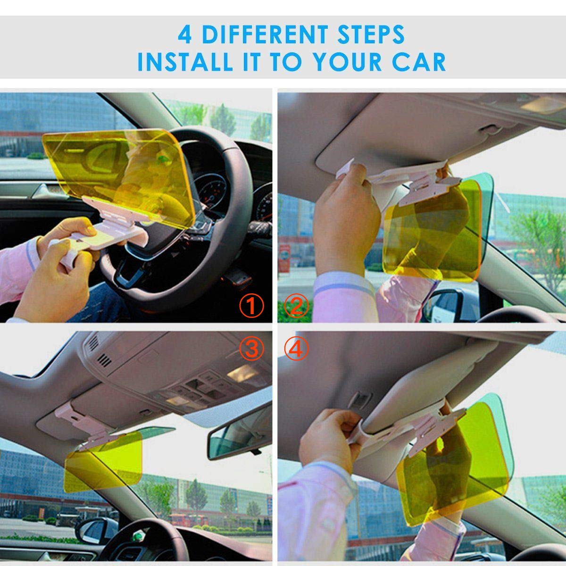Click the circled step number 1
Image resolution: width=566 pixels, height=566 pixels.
point(251,307)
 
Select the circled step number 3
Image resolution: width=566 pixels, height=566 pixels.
point(251,349)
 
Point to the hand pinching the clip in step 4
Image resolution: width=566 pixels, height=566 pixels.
point(330,434)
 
